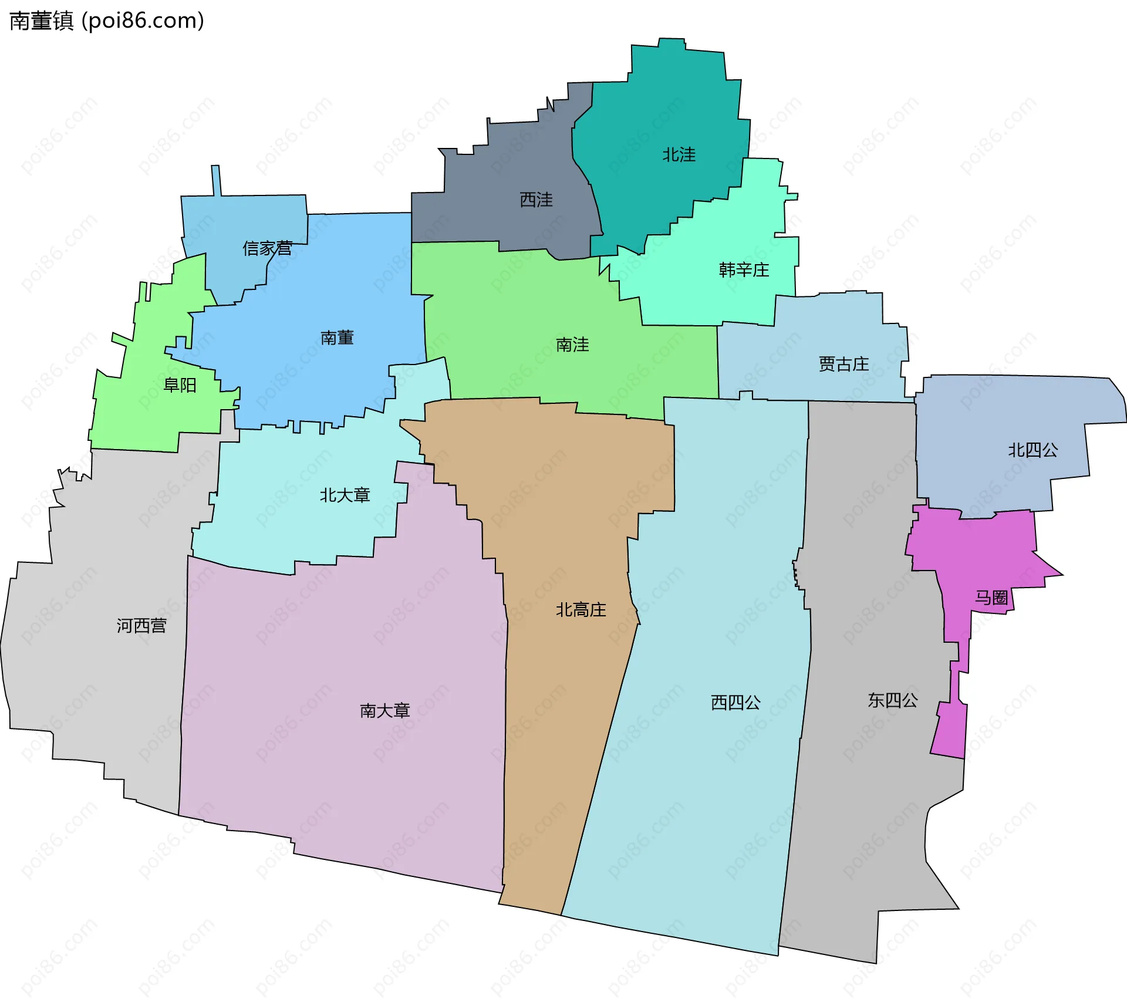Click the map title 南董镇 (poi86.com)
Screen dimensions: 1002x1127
click(x=107, y=21)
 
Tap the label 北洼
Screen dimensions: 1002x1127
click(x=679, y=155)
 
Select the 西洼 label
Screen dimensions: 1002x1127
click(x=536, y=200)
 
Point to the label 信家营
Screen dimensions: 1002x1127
click(x=268, y=248)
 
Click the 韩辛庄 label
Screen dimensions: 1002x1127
click(x=744, y=270)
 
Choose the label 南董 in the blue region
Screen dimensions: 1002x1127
click(x=337, y=338)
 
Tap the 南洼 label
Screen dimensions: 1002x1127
click(x=572, y=345)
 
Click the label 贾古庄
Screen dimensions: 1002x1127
click(x=843, y=365)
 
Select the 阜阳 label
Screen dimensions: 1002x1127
click(x=180, y=385)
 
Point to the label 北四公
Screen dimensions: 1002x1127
click(x=1032, y=450)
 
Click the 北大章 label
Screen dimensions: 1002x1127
click(x=345, y=495)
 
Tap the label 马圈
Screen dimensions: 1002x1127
click(x=991, y=598)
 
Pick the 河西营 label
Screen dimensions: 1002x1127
click(x=141, y=626)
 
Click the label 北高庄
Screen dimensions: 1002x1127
click(x=581, y=610)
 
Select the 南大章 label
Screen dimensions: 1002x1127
click(x=384, y=711)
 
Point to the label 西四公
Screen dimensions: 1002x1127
click(x=735, y=702)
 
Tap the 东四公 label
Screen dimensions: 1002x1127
click(x=892, y=700)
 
